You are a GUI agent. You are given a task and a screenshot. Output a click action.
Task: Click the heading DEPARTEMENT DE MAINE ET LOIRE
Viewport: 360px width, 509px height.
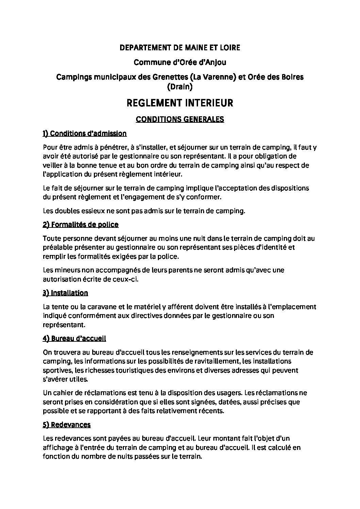[x=180, y=48]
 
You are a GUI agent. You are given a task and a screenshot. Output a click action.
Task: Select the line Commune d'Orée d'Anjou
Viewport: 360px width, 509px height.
[x=180, y=63]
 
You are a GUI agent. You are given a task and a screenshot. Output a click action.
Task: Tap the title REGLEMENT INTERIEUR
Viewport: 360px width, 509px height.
[x=180, y=103]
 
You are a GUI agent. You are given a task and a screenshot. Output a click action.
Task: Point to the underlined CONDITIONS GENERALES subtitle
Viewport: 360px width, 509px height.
[x=180, y=119]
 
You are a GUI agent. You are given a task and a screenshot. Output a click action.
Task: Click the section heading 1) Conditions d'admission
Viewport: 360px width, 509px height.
[x=85, y=134]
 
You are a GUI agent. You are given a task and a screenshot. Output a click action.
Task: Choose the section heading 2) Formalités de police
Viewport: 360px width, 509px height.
[x=81, y=224]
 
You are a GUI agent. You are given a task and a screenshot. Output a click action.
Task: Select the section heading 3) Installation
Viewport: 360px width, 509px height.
[x=65, y=293]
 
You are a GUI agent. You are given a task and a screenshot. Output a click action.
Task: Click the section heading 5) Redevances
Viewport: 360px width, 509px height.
[x=67, y=425]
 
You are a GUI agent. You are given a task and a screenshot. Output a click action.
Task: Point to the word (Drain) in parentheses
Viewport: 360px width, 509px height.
[x=180, y=87]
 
